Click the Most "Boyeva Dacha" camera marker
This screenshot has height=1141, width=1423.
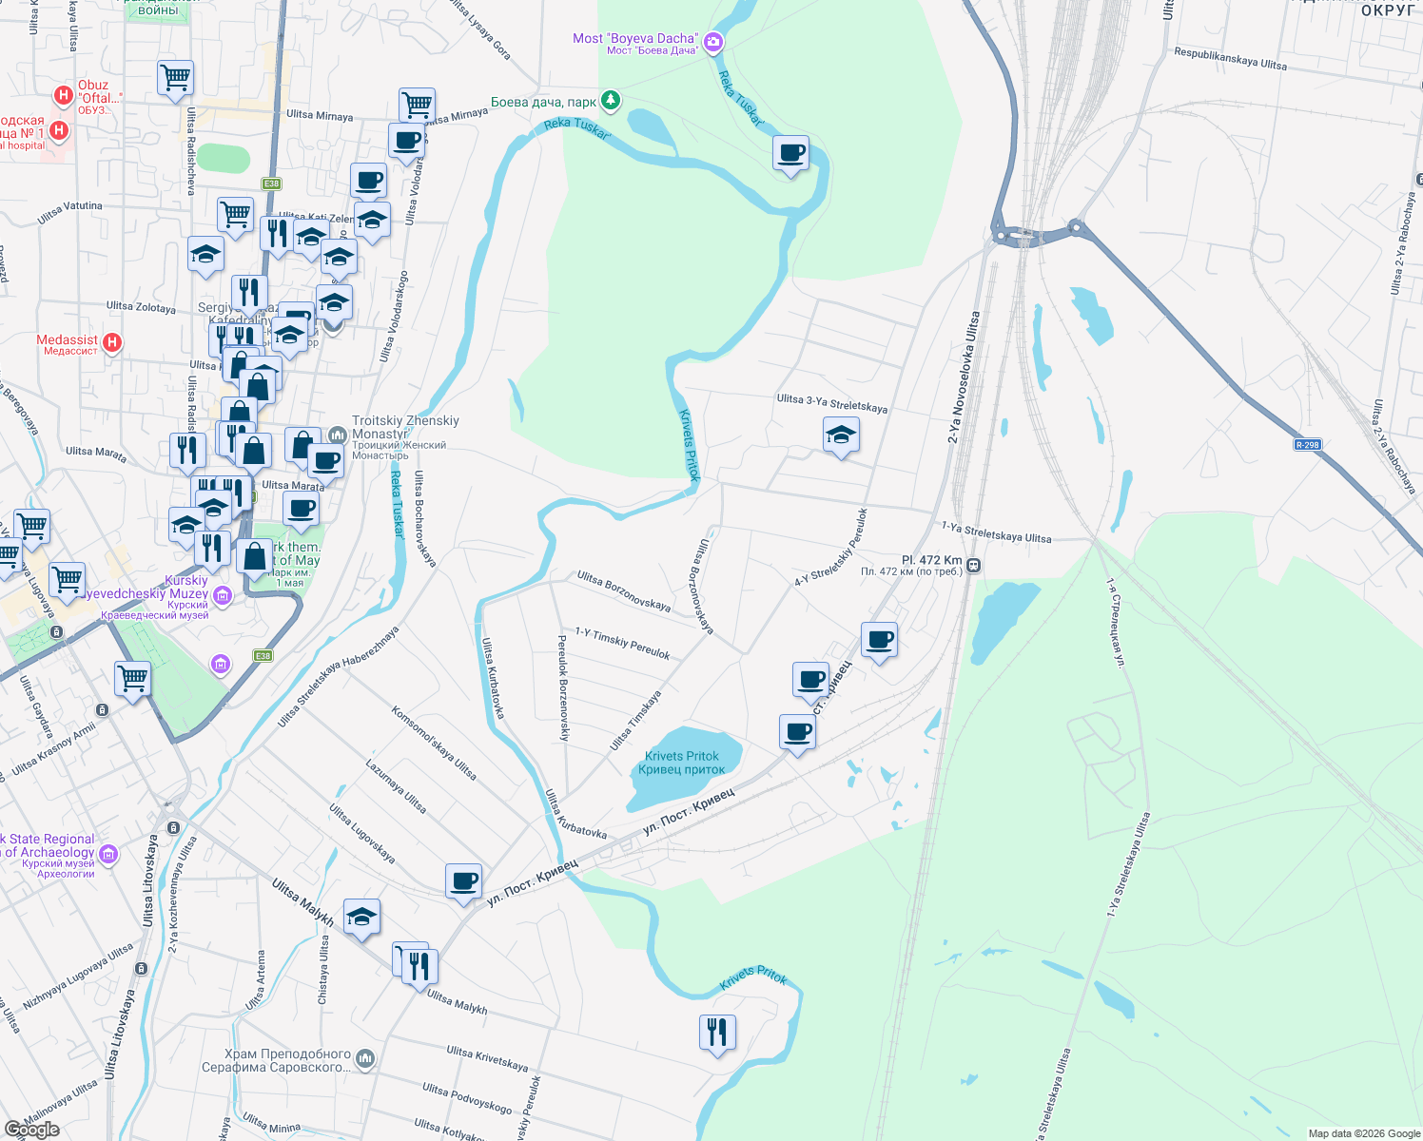(713, 42)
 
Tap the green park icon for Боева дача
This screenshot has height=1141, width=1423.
(611, 100)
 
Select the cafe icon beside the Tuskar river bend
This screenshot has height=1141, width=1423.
(790, 153)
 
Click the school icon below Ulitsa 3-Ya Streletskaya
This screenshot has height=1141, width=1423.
(841, 436)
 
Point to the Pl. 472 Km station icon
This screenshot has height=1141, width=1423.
(973, 566)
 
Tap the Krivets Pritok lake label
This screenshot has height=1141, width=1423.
(682, 763)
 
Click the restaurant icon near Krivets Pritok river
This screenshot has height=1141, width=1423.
(717, 1032)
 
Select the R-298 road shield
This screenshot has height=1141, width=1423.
(1307, 445)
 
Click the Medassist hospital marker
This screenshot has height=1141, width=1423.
(112, 342)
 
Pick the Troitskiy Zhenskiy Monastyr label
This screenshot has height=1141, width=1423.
(405, 427)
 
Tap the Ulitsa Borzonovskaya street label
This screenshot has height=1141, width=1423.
(624, 591)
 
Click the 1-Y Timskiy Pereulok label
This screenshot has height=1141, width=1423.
(622, 644)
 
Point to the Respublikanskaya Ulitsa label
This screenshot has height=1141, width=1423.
(1230, 59)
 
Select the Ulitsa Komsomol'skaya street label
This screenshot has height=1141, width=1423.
(434, 743)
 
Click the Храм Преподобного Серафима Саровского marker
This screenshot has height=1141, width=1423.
(365, 1058)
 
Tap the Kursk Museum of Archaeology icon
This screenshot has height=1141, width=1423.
(108, 854)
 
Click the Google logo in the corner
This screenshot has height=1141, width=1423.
(31, 1130)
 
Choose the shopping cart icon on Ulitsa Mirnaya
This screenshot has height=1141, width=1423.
(417, 105)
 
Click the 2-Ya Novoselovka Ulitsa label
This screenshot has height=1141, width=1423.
(963, 377)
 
